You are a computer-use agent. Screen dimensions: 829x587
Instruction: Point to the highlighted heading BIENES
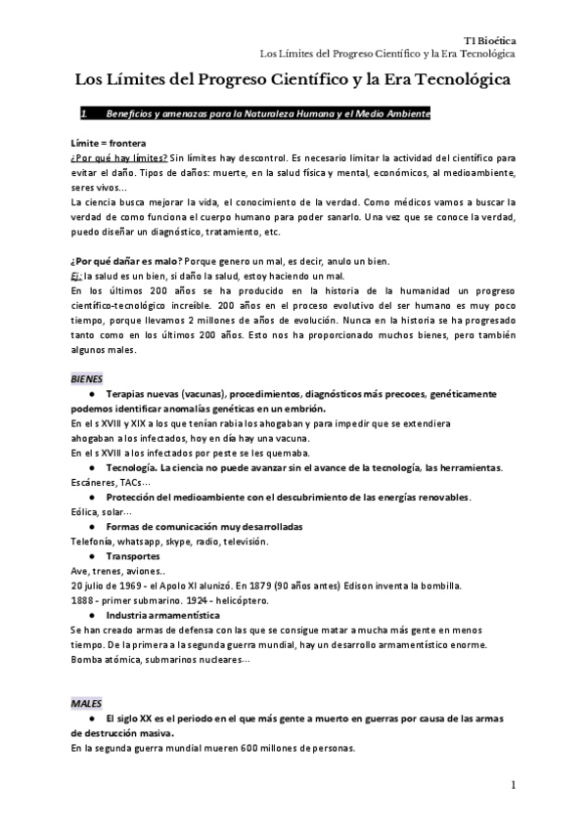87,378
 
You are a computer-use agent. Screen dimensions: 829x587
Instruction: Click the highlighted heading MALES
86,703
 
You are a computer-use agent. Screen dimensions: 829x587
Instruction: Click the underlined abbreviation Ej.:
78,275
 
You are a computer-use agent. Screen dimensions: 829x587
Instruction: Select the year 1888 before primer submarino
83,600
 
